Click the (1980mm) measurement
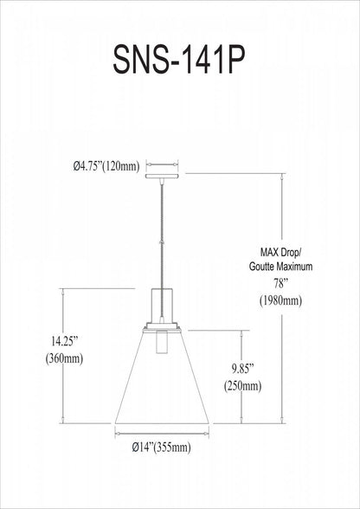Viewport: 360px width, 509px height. pyautogui.click(x=279, y=300)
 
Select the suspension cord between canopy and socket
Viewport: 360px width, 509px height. pyautogui.click(x=161, y=229)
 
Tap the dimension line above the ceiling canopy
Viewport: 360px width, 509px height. pyautogui.click(x=161, y=162)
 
